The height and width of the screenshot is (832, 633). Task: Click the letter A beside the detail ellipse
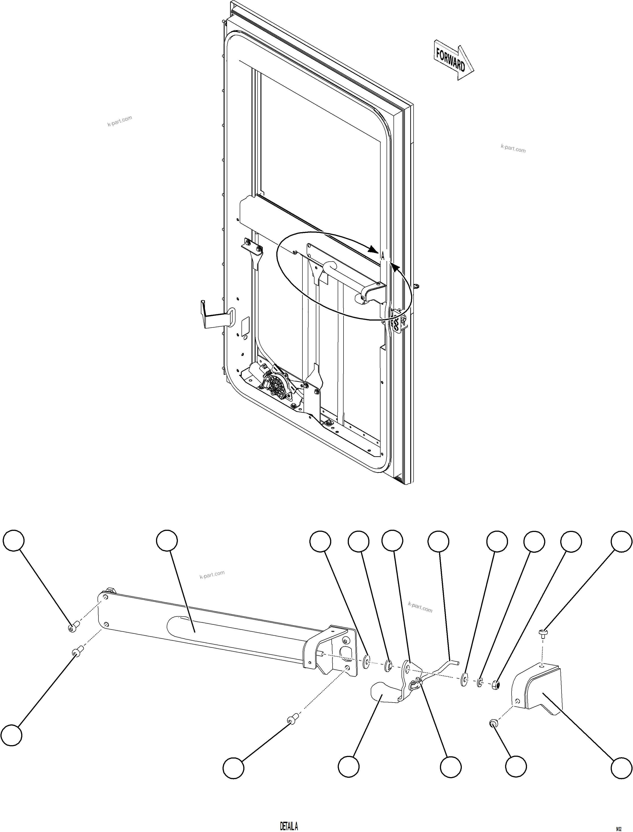pos(382,256)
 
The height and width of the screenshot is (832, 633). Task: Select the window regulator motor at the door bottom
pos(277,384)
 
